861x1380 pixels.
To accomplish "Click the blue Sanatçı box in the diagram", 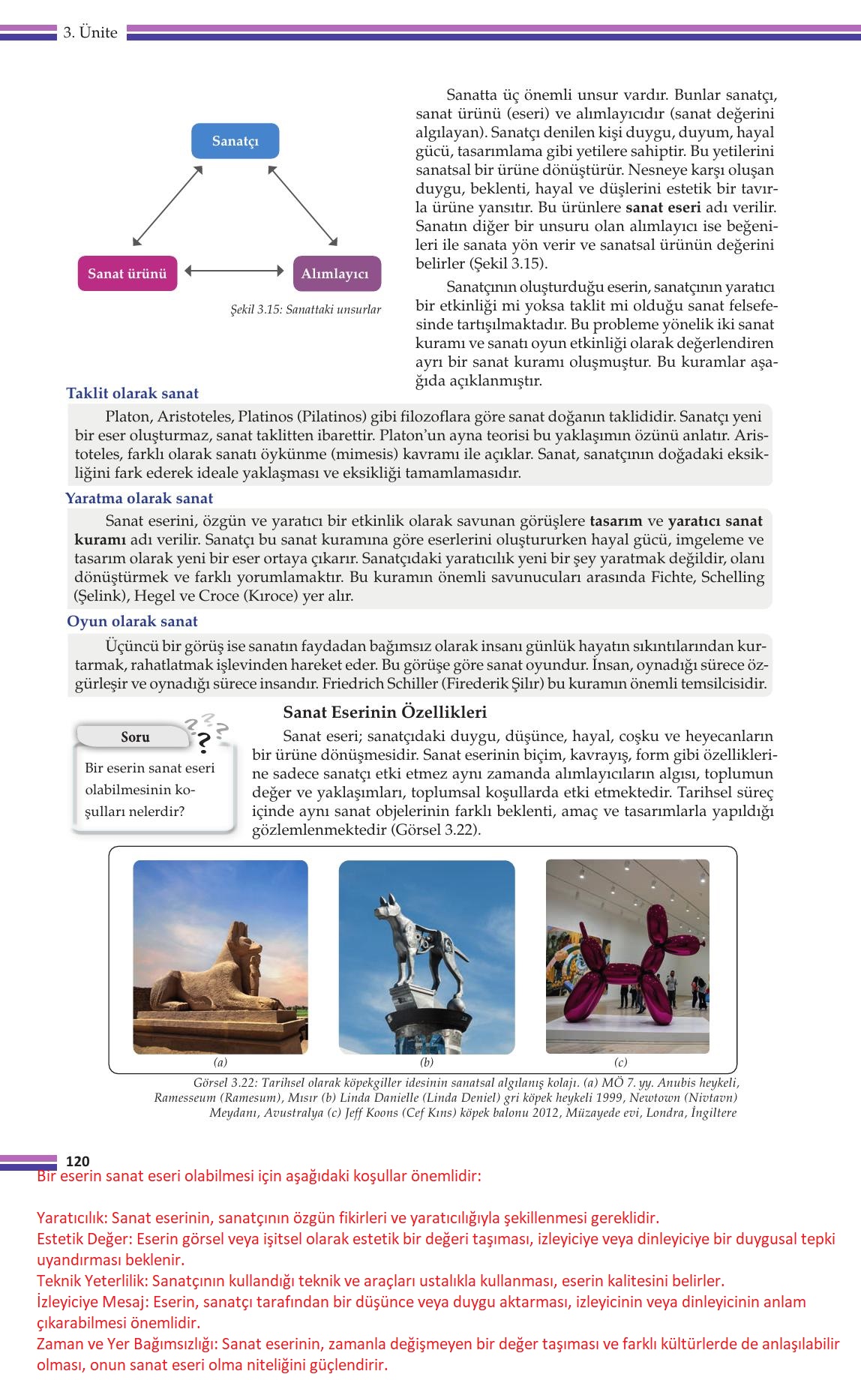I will click(235, 141).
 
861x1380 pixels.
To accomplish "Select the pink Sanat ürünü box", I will click(127, 273).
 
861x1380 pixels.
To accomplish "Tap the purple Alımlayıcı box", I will click(335, 274).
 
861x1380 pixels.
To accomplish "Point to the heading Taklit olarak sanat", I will click(132, 393).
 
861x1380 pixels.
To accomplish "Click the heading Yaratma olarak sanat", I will click(139, 498).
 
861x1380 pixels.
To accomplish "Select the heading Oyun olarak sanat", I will click(132, 621).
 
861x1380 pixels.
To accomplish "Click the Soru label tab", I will click(135, 736).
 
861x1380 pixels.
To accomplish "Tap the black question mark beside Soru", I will click(202, 741).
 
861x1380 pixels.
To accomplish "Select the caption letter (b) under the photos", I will click(427, 1062).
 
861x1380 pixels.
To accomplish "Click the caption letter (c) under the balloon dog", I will click(620, 1062).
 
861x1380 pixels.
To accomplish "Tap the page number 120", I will click(78, 1161).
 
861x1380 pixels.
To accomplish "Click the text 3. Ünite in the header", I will click(91, 32).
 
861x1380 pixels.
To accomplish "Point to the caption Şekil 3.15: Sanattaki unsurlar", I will click(305, 309).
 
